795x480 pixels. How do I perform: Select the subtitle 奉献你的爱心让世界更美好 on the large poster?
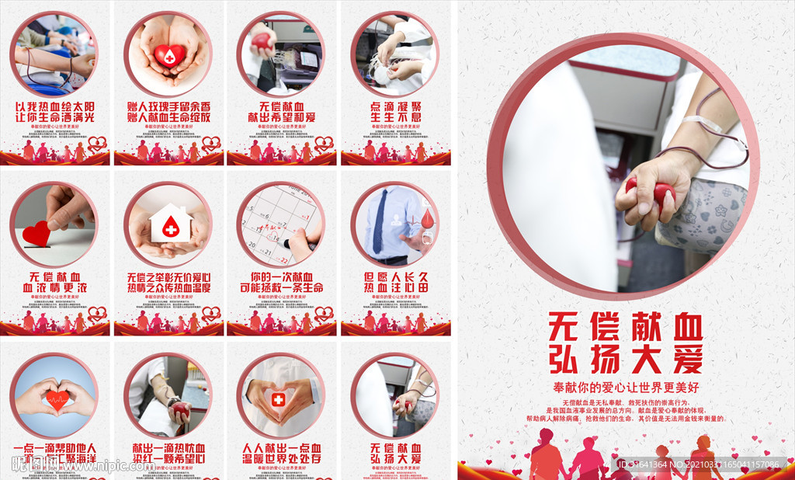[626, 386]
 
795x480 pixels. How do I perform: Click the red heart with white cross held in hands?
[169, 54]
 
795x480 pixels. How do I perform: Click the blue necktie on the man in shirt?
[380, 221]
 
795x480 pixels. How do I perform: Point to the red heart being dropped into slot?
[36, 232]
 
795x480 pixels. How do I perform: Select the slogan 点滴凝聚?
[396, 106]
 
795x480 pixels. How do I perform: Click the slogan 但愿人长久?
[396, 277]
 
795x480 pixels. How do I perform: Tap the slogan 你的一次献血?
[281, 277]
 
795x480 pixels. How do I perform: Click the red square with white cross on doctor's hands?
[279, 399]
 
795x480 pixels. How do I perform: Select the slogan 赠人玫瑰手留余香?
[168, 106]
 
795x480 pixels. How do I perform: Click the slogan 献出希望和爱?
[281, 117]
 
